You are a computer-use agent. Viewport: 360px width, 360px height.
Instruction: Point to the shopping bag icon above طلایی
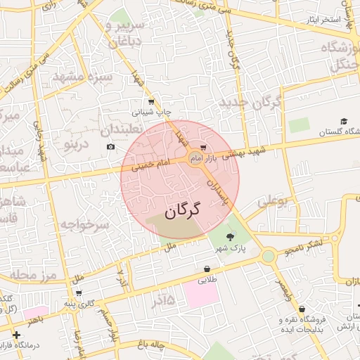click(x=207, y=269)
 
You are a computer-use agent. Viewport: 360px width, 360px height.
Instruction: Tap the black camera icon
click(x=111, y=146)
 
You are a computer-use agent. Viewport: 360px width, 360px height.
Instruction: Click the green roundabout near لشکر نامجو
click(x=268, y=256)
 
